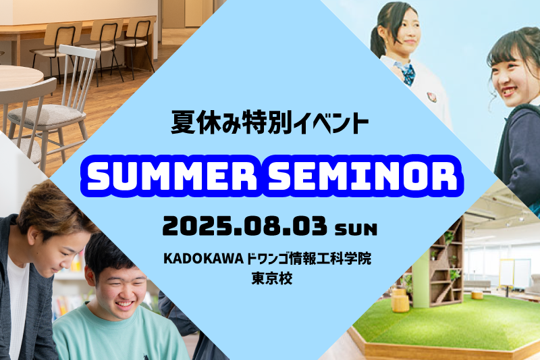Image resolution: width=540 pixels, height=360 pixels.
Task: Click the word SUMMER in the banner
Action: (x=172, y=176)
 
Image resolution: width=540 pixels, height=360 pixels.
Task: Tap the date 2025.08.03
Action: (x=245, y=226)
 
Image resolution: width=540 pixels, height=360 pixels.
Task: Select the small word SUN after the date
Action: (x=356, y=230)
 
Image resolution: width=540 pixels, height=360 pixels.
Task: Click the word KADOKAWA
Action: (x=204, y=259)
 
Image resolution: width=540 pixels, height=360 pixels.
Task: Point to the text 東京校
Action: (x=272, y=278)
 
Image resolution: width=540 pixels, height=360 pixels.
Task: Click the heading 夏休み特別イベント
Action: (x=270, y=122)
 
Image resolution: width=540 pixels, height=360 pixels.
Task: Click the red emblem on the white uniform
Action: (x=431, y=97)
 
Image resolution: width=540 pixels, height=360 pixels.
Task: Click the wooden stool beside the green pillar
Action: (x=400, y=303)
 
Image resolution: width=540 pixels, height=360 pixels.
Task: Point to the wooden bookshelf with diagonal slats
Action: (x=446, y=262)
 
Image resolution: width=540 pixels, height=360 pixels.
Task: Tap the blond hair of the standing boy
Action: (x=52, y=207)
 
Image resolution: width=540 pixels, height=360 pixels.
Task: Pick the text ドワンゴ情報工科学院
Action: (x=309, y=259)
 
